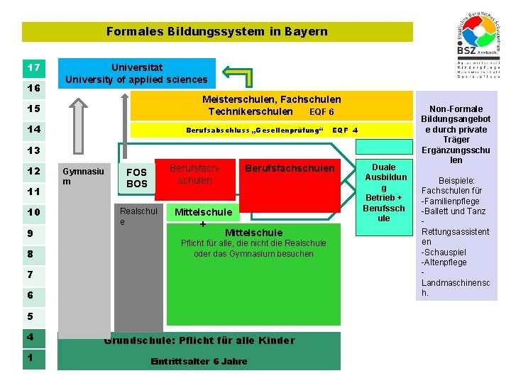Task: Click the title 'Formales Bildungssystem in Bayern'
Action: click(216, 31)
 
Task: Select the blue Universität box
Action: click(136, 73)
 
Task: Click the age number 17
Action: click(33, 68)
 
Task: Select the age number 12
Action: click(33, 171)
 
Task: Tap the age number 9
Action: click(31, 233)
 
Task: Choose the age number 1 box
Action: click(33, 358)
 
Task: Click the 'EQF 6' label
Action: click(322, 112)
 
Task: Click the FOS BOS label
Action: click(136, 178)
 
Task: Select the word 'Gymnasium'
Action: click(83, 176)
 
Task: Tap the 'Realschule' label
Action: click(138, 216)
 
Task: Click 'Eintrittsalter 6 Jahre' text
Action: click(199, 362)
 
